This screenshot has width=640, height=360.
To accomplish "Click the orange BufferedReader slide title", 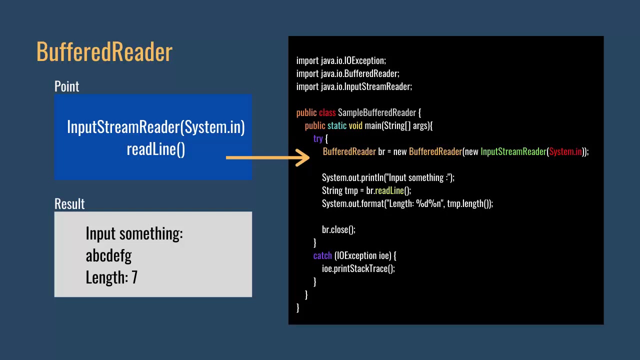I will click(x=104, y=52).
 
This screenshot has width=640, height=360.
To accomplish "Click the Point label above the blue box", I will click(x=66, y=86).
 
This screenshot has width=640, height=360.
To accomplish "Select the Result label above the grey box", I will click(x=69, y=204).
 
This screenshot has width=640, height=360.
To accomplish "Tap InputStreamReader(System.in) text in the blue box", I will click(x=155, y=127).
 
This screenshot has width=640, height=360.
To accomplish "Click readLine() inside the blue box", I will click(x=155, y=149).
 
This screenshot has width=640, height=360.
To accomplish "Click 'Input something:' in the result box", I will click(x=134, y=233).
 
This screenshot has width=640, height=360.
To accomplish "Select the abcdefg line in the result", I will click(x=108, y=255).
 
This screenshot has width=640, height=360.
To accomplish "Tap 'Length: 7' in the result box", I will click(x=111, y=277).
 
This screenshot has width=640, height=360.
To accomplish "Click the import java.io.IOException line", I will click(x=341, y=60).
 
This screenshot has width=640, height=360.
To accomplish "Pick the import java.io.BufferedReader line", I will click(x=347, y=73).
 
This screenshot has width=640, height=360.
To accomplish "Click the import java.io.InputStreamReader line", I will click(x=354, y=86).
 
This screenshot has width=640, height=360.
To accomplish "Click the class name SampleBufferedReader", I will click(x=376, y=112).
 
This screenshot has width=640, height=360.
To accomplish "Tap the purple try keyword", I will click(x=318, y=138).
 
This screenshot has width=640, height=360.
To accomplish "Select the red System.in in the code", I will click(x=565, y=151).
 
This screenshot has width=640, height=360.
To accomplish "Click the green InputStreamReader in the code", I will click(x=513, y=151).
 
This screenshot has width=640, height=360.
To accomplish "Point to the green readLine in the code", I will click(x=389, y=190).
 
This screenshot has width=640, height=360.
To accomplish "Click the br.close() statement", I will click(x=338, y=229).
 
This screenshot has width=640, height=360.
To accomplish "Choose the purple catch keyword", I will click(x=322, y=255).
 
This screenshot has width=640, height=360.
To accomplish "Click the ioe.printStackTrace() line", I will click(x=358, y=268).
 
